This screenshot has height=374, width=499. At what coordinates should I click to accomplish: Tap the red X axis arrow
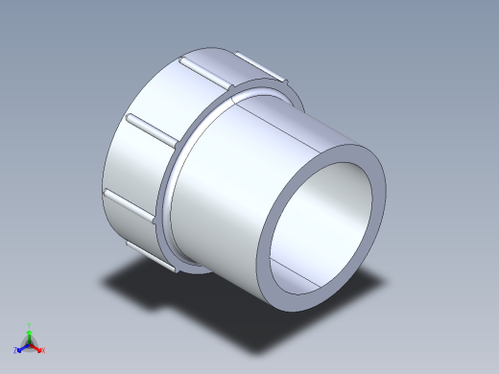pos(37,347)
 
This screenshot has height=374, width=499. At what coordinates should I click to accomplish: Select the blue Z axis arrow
pos(23,347)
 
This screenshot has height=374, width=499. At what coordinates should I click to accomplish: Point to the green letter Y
pos(30,325)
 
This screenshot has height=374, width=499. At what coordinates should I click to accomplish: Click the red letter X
pos(43,350)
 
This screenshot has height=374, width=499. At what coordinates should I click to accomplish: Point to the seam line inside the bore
pos(312,277)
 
